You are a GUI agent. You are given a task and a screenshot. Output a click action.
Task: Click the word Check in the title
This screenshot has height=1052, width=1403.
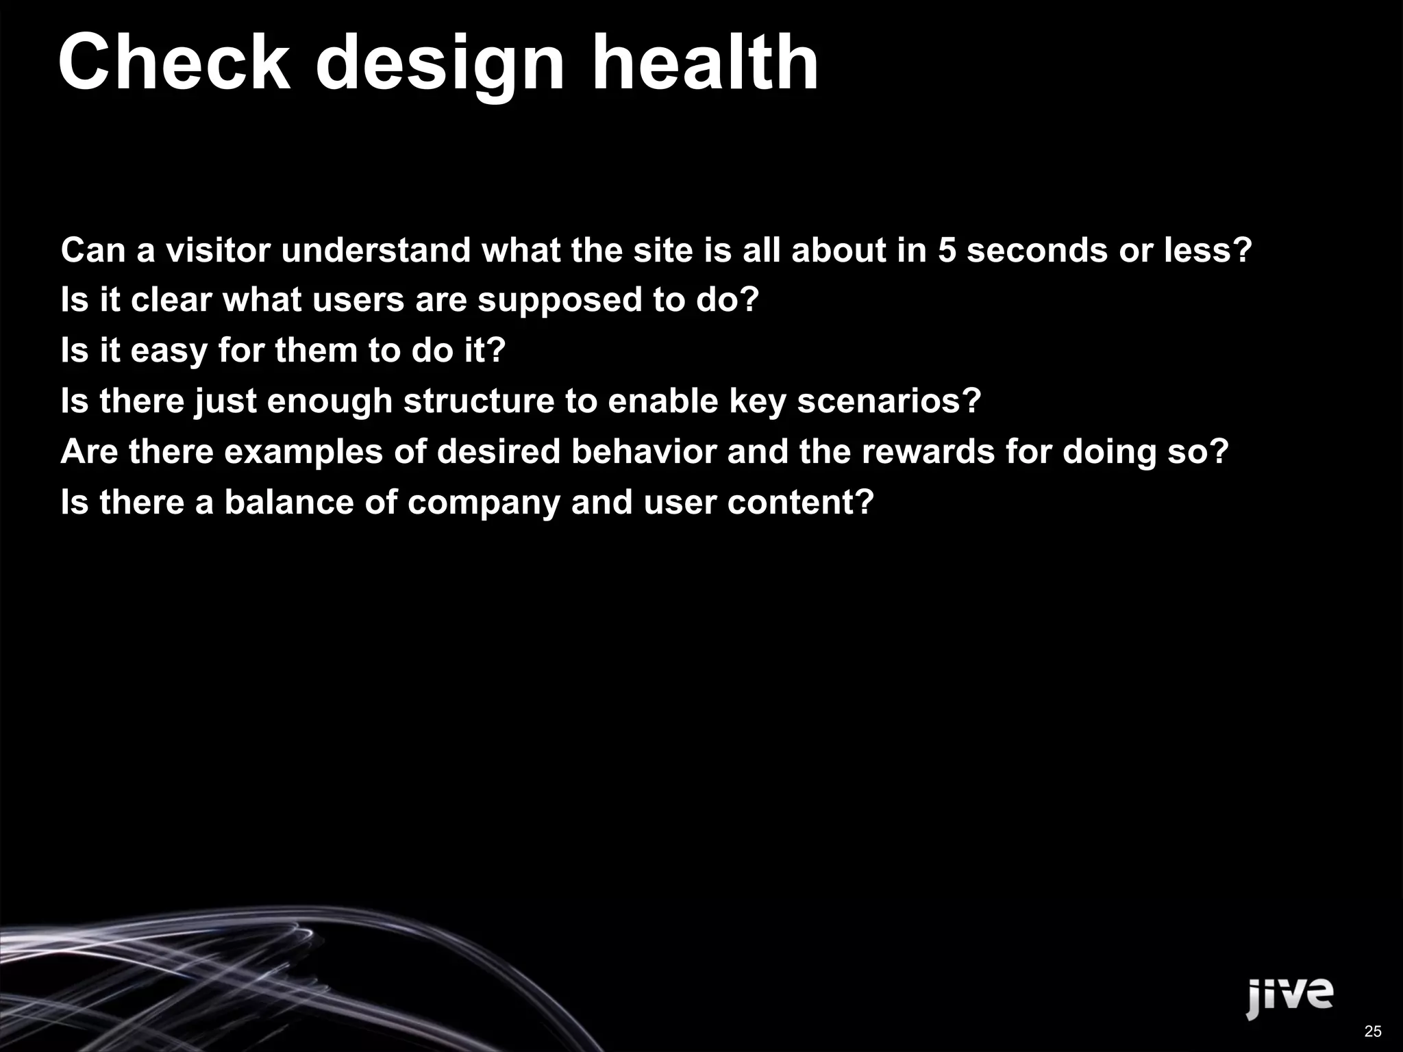click(175, 63)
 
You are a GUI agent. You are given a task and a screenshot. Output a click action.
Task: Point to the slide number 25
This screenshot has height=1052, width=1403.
click(1373, 1031)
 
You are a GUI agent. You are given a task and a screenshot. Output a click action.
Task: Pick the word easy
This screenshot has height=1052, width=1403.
click(169, 351)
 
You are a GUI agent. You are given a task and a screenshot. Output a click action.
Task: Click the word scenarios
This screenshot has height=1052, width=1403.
click(889, 401)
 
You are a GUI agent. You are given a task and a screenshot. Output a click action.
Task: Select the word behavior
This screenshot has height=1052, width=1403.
click(644, 452)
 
